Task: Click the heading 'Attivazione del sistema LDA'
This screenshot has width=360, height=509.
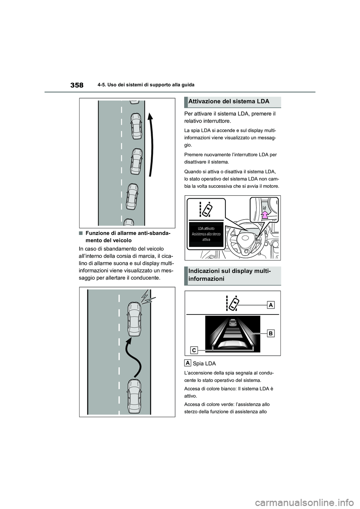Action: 229,102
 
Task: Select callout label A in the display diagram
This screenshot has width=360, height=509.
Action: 271,305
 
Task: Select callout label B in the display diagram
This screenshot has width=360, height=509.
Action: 271,333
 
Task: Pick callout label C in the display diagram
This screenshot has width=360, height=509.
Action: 194,350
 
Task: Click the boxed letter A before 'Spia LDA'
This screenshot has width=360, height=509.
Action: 187,363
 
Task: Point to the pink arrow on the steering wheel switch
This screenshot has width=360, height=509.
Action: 265,215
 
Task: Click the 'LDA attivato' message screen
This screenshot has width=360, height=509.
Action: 206,234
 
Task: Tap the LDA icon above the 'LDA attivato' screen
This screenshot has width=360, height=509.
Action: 206,209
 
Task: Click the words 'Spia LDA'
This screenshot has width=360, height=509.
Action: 204,364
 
